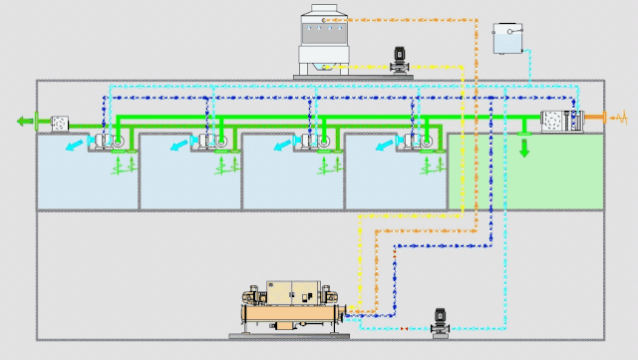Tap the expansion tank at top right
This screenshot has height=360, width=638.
point(508,39)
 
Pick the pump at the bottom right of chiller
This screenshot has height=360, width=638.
point(439,321)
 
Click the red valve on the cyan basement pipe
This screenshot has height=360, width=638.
point(404,328)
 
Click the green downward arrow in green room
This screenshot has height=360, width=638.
point(524,148)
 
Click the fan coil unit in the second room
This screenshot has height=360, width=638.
point(212,143)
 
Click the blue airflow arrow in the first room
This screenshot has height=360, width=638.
point(72,147)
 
